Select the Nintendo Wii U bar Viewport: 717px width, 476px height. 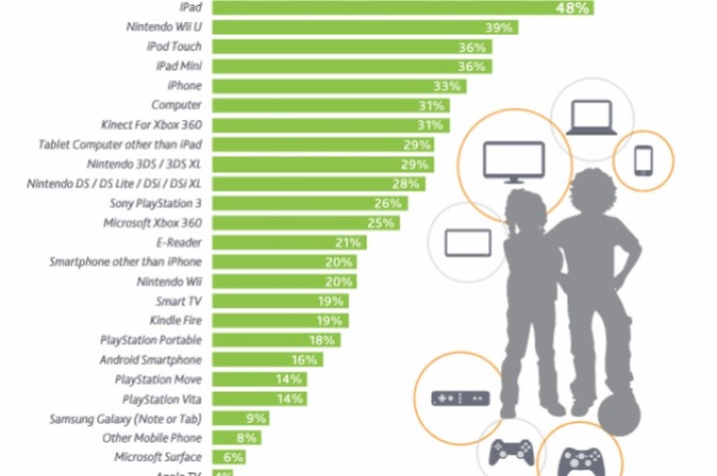(364, 28)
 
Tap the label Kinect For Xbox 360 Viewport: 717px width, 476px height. (152, 125)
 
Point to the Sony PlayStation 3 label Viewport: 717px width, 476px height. (155, 203)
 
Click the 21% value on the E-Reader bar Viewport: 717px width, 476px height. (348, 242)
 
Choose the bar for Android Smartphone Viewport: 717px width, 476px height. (267, 360)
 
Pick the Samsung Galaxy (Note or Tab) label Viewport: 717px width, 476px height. (125, 419)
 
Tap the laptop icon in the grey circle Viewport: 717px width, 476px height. (591, 119)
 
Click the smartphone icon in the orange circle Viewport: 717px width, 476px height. (643, 161)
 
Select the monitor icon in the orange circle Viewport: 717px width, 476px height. (514, 162)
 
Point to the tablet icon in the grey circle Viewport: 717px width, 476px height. (468, 242)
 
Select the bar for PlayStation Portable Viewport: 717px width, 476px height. (276, 340)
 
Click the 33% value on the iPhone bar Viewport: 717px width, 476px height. (447, 86)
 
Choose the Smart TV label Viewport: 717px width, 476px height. (178, 301)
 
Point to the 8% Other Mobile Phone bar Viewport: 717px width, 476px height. (236, 438)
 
